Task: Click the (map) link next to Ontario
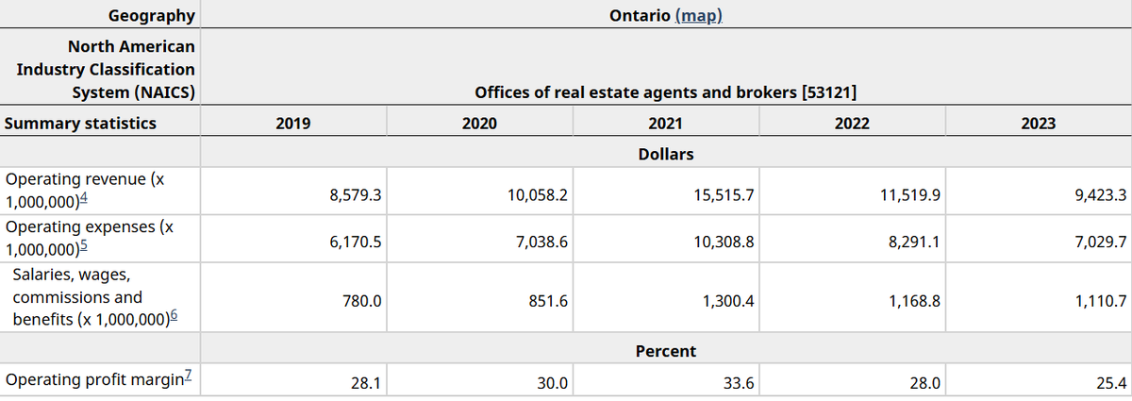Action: [x=699, y=16]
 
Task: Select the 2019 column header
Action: [x=291, y=124]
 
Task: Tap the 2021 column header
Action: [x=665, y=124]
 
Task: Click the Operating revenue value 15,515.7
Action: [x=723, y=196]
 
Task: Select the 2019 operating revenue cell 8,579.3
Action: [x=355, y=196]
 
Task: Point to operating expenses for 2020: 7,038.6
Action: [x=540, y=242]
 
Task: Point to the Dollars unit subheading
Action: [x=665, y=154]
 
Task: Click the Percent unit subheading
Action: [x=665, y=351]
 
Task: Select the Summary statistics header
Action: [x=80, y=124]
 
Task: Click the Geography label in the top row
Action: [x=152, y=15]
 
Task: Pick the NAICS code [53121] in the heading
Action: [x=828, y=92]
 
